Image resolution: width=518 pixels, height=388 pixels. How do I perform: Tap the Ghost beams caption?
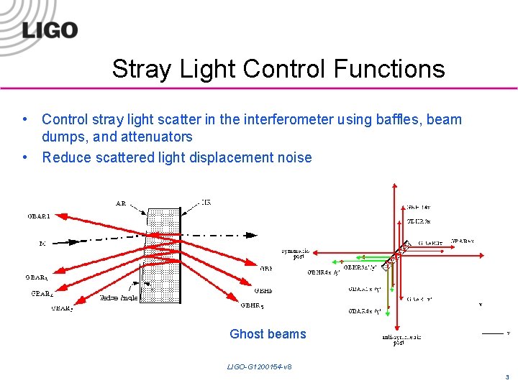click(268, 334)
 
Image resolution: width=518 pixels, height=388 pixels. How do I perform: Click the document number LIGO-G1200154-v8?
click(259, 367)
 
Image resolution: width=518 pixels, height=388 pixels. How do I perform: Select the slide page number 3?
click(507, 377)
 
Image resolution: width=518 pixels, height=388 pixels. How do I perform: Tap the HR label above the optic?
click(206, 203)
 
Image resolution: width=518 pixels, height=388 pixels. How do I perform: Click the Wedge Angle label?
click(119, 297)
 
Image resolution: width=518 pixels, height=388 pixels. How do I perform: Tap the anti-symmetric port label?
click(401, 340)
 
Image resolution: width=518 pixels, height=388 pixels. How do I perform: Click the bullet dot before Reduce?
click(25, 157)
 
